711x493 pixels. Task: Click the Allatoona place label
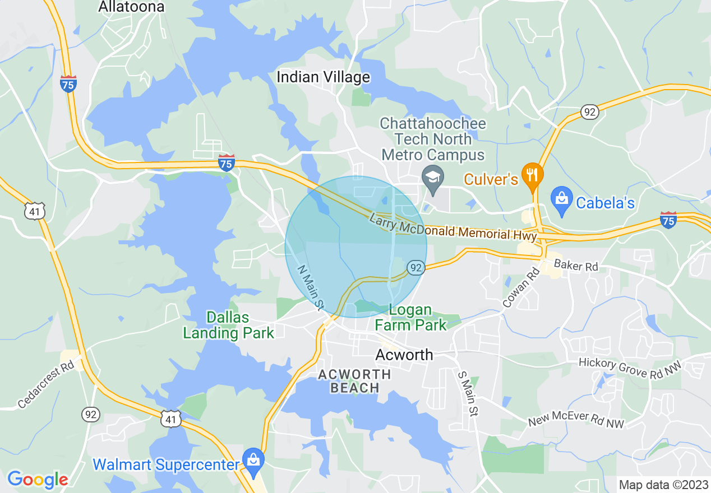pyautogui.click(x=131, y=7)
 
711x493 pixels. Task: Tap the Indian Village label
pyautogui.click(x=324, y=77)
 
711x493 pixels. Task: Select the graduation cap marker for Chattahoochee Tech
pyautogui.click(x=433, y=178)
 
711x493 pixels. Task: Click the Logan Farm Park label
pyautogui.click(x=410, y=317)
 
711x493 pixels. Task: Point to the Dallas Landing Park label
pyautogui.click(x=228, y=325)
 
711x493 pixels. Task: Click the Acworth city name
pyautogui.click(x=404, y=355)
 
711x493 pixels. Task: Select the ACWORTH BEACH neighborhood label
pyautogui.click(x=354, y=381)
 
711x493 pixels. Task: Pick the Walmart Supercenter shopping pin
pyautogui.click(x=253, y=458)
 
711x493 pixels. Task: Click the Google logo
pyautogui.click(x=38, y=479)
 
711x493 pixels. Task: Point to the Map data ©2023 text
pyautogui.click(x=663, y=485)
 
